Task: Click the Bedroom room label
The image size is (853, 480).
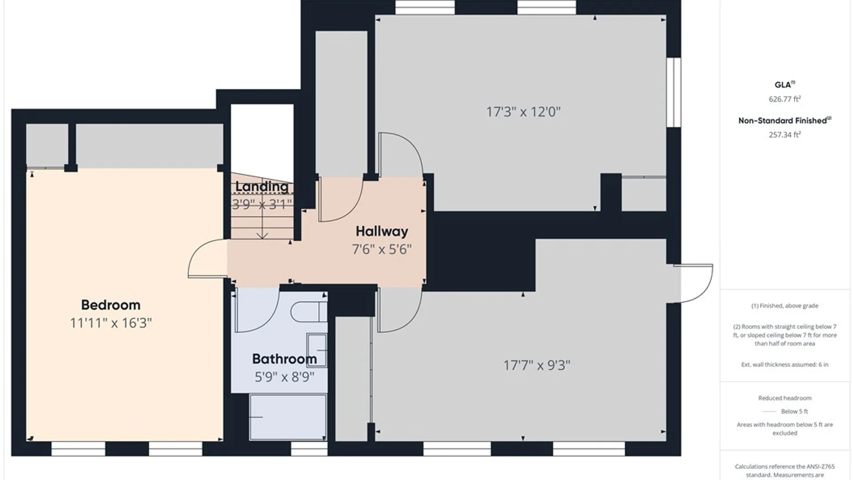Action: [x=111, y=305]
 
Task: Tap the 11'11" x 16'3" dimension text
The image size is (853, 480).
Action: [x=111, y=323]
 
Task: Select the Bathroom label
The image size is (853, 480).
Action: [x=284, y=359]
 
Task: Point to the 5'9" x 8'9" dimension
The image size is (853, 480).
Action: [x=284, y=377]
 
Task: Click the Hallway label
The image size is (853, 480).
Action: [x=382, y=232]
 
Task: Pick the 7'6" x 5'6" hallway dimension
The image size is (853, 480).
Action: [x=382, y=249]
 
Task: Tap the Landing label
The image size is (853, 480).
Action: [x=262, y=187]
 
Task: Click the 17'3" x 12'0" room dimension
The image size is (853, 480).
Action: [x=523, y=112]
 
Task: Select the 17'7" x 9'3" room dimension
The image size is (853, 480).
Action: [x=537, y=365]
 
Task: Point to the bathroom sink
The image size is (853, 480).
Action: [x=317, y=351]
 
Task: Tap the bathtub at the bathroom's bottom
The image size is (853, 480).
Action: [x=288, y=417]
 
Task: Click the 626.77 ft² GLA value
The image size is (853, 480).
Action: [x=785, y=99]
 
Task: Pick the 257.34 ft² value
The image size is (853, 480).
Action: [x=785, y=135]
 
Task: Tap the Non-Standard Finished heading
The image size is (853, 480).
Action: [x=785, y=120]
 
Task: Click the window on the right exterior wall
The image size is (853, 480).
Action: [x=674, y=92]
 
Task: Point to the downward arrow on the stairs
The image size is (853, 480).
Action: [x=263, y=218]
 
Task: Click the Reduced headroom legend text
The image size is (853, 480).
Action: [x=785, y=398]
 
